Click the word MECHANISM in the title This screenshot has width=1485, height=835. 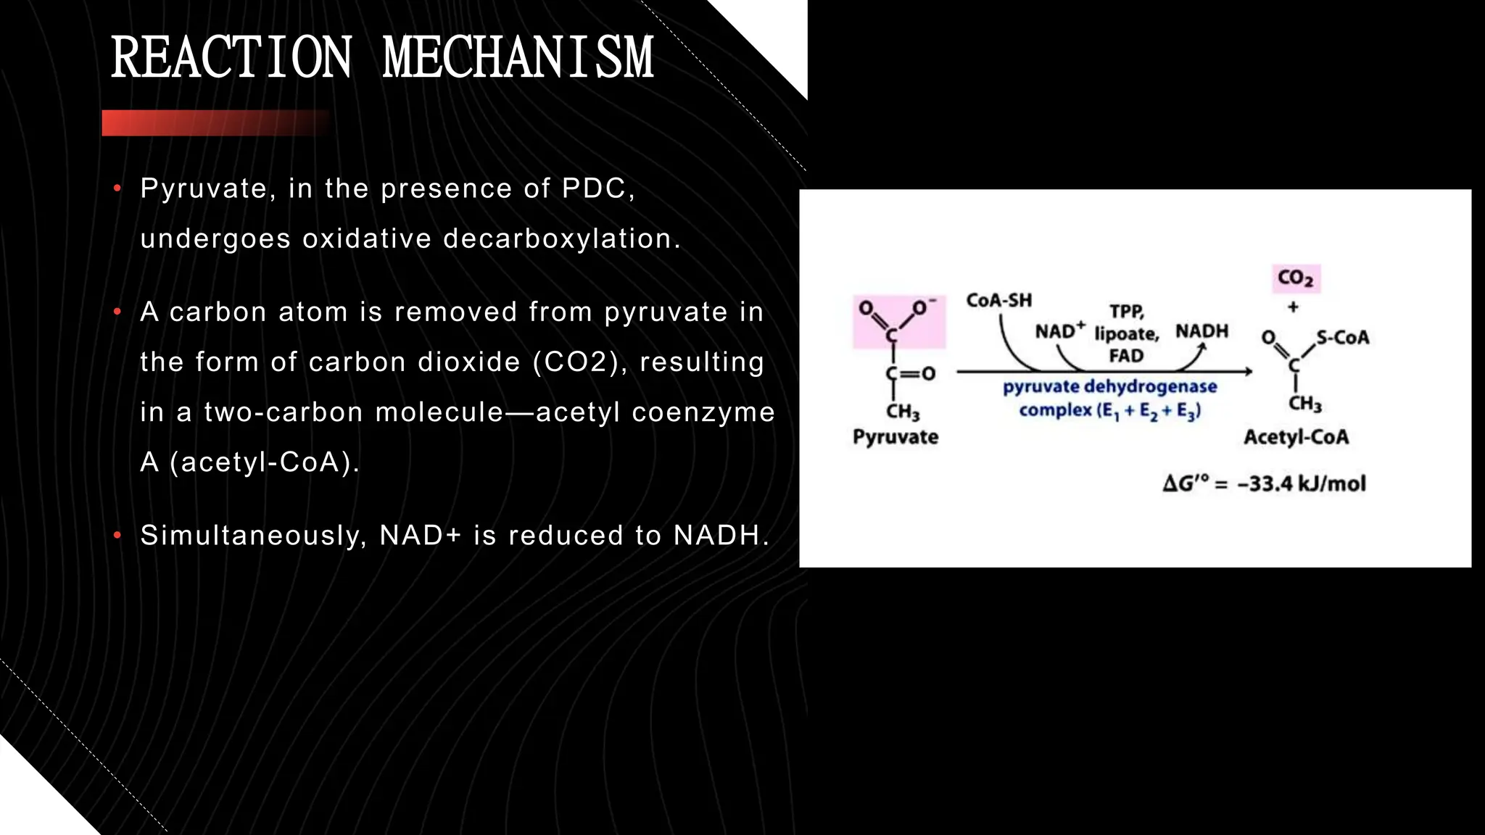(518, 58)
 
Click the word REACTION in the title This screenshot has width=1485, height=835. (231, 58)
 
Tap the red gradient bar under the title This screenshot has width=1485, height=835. (215, 123)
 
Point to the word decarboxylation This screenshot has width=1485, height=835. (562, 238)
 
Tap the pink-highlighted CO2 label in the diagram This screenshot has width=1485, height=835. (1296, 278)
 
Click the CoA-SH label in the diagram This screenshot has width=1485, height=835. (998, 300)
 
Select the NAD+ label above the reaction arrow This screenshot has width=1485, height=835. (1059, 331)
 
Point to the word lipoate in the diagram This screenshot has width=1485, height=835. (1126, 334)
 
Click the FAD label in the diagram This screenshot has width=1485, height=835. (1126, 356)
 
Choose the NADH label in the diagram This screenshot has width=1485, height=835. (1201, 331)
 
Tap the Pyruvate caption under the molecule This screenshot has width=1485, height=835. (895, 437)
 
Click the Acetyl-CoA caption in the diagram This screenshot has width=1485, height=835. (1296, 437)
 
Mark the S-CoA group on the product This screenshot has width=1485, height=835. (1342, 338)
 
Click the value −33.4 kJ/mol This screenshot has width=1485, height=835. (1301, 483)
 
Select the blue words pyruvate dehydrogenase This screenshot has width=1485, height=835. (1109, 387)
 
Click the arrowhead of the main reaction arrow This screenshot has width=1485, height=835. (1249, 372)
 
